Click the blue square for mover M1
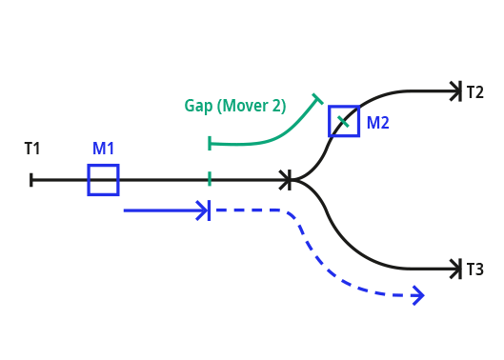click(x=103, y=180)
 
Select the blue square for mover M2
click(x=344, y=121)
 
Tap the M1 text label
click(x=104, y=149)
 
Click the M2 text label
click(x=378, y=122)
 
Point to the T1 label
click(x=32, y=149)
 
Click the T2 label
click(x=474, y=92)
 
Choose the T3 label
click(x=474, y=270)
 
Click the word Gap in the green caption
click(x=198, y=106)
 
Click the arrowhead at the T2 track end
click(x=456, y=92)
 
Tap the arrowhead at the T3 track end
click(x=456, y=270)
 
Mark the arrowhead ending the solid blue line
click(x=204, y=210)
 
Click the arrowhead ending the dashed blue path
click(x=416, y=296)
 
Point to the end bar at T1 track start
click(x=31, y=180)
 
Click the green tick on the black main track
click(x=210, y=180)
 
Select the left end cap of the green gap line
click(x=210, y=144)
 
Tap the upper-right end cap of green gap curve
click(x=318, y=97)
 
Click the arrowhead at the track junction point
click(x=286, y=180)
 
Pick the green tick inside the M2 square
click(x=343, y=122)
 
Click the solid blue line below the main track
click(x=162, y=210)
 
